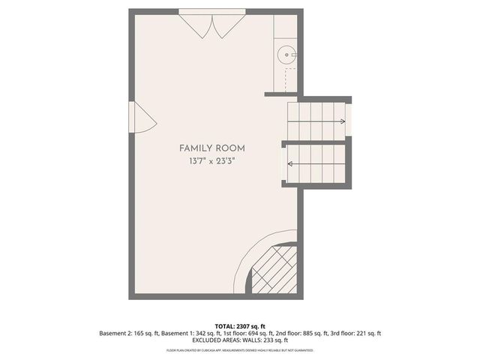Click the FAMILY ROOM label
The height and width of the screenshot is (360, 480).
coord(211,148)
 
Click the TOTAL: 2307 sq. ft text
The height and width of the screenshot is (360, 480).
coord(239,325)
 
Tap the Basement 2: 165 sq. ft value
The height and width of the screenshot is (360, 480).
coord(127,333)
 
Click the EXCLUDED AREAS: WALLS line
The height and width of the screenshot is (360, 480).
coord(239,340)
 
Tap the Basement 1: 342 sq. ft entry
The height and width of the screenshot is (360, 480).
coord(184,333)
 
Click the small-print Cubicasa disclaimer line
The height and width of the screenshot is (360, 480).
coord(239,350)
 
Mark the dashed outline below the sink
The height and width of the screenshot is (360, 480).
coord(289,76)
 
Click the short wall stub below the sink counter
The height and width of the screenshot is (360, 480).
coord(280,94)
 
